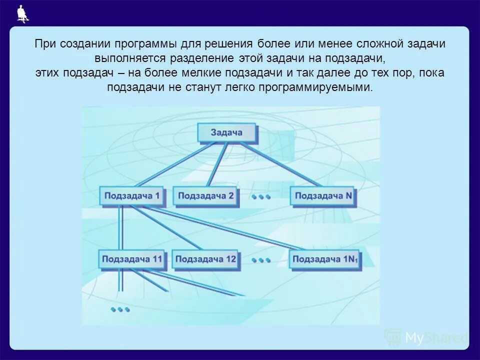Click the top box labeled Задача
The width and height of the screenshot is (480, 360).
click(x=226, y=132)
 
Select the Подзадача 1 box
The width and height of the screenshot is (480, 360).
click(x=132, y=196)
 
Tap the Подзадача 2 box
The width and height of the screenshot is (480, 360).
click(x=205, y=196)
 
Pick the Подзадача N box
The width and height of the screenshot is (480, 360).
click(x=323, y=196)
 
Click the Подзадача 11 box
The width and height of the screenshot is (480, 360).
click(x=132, y=259)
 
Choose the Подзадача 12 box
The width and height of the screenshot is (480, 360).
click(x=205, y=259)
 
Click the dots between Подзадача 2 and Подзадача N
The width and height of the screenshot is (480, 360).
click(x=261, y=197)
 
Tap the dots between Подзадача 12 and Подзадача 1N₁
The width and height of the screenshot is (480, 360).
click(x=261, y=260)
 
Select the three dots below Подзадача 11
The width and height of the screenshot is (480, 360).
click(x=120, y=309)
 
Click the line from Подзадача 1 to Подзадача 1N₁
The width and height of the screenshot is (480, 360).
click(x=225, y=227)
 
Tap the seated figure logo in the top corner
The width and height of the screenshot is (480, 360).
click(x=21, y=13)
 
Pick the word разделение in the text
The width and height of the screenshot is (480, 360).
click(x=199, y=58)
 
